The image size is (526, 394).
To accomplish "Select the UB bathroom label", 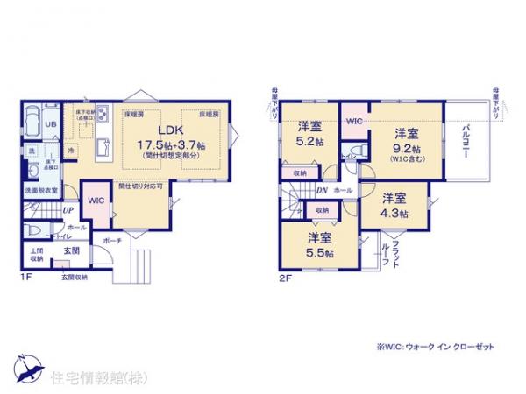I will click(x=51, y=124).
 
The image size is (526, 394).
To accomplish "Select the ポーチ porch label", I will click(x=112, y=239).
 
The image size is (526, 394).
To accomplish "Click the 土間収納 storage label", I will click(x=37, y=255).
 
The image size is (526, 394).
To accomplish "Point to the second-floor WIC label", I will click(x=355, y=121).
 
